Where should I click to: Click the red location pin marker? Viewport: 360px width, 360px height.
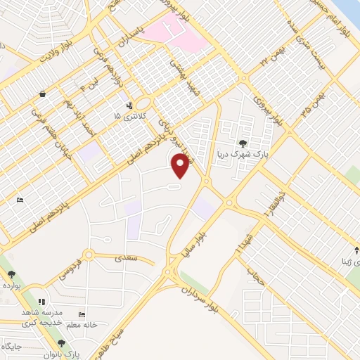pos(181,165)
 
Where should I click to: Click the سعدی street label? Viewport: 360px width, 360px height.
pos(138,259)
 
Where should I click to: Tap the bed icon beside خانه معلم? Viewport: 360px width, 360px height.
pos(82,315)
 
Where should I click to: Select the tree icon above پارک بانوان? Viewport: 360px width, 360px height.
pos(61,343)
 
